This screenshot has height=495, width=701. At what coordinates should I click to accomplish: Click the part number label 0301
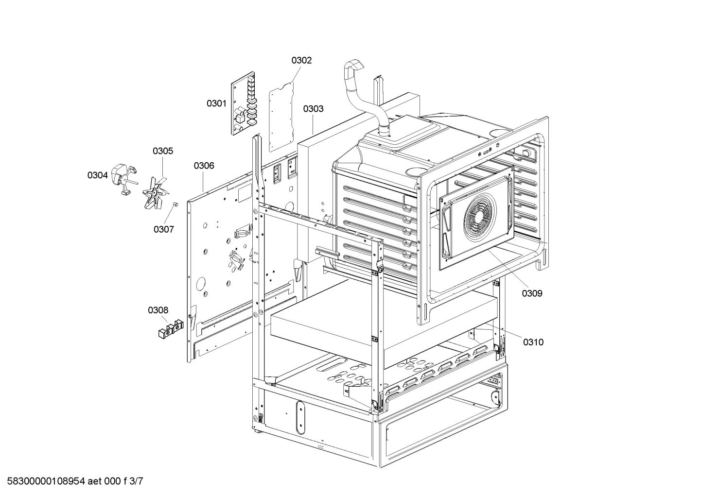pyautogui.click(x=216, y=103)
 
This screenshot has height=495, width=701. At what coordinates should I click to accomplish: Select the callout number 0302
pyautogui.click(x=301, y=60)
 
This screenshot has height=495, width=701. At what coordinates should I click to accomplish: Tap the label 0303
pyautogui.click(x=313, y=109)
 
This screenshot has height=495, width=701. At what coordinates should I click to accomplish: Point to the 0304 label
pyautogui.click(x=97, y=175)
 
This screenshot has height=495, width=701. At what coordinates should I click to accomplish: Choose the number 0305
pyautogui.click(x=163, y=151)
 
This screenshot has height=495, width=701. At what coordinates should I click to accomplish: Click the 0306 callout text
pyautogui.click(x=204, y=166)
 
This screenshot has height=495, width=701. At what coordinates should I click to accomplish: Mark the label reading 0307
pyautogui.click(x=163, y=229)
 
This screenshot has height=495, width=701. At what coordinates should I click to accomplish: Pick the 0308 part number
pyautogui.click(x=158, y=310)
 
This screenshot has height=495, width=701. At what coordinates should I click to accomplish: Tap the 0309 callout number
pyautogui.click(x=532, y=293)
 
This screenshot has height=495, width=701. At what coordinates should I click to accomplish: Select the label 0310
pyautogui.click(x=533, y=342)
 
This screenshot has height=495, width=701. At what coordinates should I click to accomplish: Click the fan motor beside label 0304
pyautogui.click(x=123, y=180)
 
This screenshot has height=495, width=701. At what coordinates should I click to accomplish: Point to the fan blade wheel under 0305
pyautogui.click(x=156, y=193)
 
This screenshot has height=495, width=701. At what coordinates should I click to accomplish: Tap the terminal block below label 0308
pyautogui.click(x=170, y=329)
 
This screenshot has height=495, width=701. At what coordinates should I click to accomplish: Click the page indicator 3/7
pyautogui.click(x=137, y=481)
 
